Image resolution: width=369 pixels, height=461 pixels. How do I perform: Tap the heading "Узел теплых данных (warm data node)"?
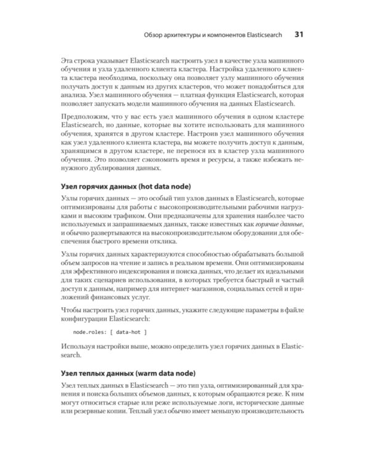129,372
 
